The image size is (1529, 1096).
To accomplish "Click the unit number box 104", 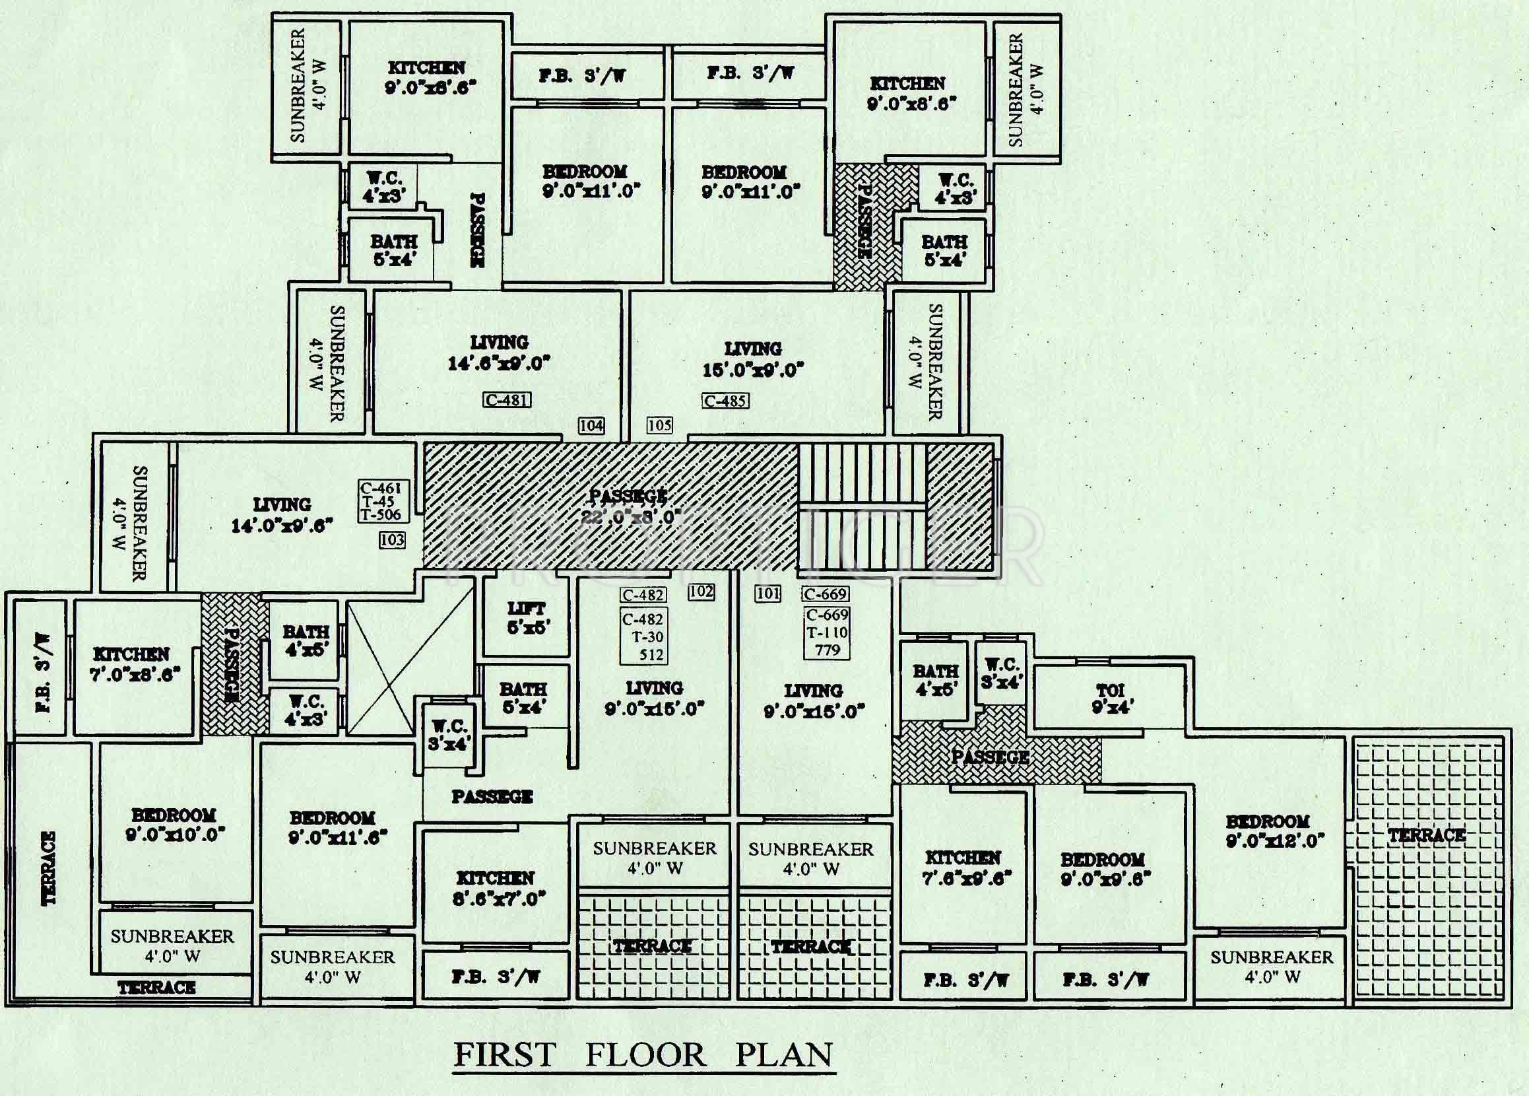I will coord(591,426).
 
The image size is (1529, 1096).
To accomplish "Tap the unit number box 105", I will coord(659,426).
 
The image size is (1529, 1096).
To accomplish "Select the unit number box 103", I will coord(392,539).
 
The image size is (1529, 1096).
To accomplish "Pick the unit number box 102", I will coord(701,592).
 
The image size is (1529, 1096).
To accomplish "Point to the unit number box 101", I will coord(768,594).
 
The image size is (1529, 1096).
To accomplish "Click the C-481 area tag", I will coord(507,400).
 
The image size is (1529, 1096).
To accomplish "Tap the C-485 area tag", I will coord(725,401).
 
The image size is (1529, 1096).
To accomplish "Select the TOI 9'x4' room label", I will coord(1111,699).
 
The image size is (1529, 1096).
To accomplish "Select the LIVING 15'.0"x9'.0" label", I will coord(753,359).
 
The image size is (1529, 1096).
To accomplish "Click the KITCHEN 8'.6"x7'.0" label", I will coord(496,888).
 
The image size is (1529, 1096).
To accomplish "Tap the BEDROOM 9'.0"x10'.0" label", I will coord(175,824).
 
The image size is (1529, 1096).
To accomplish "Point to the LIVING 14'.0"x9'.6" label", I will coord(282,514).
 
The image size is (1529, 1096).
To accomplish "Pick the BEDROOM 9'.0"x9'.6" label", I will coord(1105,870).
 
